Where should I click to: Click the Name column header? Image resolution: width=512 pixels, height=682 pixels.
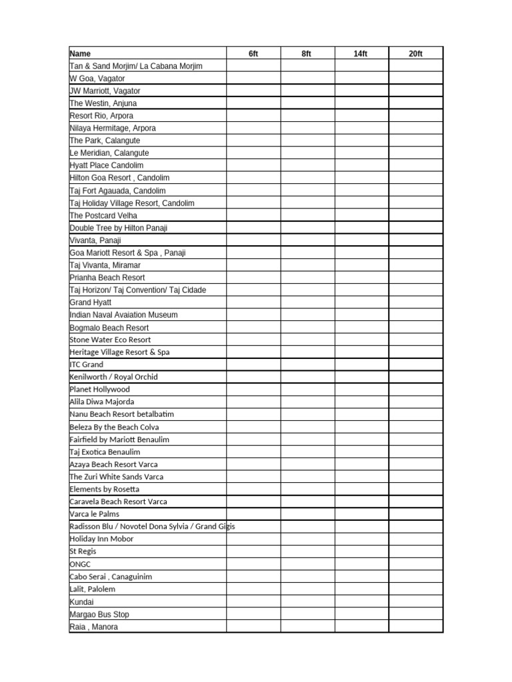pyautogui.click(x=81, y=53)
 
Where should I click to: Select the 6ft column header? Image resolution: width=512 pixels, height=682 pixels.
pyautogui.click(x=253, y=53)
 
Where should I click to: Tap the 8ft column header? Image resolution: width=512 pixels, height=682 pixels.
pyautogui.click(x=307, y=53)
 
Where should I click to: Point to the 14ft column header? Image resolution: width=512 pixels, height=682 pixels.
pyautogui.click(x=361, y=53)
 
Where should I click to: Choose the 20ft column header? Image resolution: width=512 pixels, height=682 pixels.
pyautogui.click(x=415, y=53)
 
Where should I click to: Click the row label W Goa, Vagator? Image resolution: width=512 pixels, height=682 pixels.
pyautogui.click(x=97, y=79)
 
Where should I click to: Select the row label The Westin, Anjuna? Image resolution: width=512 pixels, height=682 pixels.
pyautogui.click(x=103, y=103)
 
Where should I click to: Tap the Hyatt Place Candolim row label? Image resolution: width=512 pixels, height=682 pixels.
pyautogui.click(x=107, y=165)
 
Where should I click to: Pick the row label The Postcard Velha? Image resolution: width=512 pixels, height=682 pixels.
pyautogui.click(x=104, y=215)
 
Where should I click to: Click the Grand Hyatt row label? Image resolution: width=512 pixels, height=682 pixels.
pyautogui.click(x=91, y=302)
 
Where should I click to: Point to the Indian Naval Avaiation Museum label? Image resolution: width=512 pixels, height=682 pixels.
pyautogui.click(x=123, y=314)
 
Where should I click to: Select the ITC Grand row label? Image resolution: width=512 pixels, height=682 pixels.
pyautogui.click(x=87, y=364)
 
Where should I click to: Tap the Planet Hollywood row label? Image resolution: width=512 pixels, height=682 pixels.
pyautogui.click(x=100, y=389)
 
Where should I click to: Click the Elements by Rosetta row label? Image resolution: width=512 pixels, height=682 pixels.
pyautogui.click(x=105, y=489)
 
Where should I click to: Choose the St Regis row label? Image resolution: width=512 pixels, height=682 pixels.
pyautogui.click(x=83, y=551)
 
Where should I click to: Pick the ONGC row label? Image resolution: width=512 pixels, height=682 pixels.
pyautogui.click(x=80, y=564)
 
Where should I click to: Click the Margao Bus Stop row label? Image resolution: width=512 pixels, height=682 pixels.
pyautogui.click(x=99, y=614)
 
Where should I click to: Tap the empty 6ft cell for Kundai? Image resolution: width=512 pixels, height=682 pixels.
pyautogui.click(x=253, y=601)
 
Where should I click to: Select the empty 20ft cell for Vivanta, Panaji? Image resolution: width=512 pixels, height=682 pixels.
pyautogui.click(x=415, y=240)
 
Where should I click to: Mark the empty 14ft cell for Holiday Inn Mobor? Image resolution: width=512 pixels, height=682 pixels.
pyautogui.click(x=361, y=539)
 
